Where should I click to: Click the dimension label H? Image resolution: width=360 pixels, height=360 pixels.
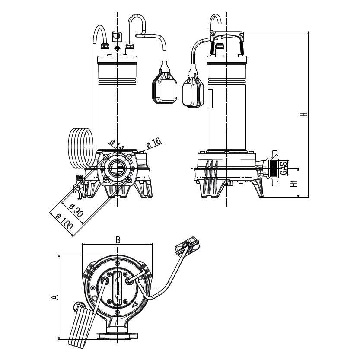coord(304,115)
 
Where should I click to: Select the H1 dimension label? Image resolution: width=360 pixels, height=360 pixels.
coord(294,183)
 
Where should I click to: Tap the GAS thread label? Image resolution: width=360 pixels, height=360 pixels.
coord(283,168)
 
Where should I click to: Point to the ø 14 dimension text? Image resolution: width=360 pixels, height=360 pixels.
coord(117,145)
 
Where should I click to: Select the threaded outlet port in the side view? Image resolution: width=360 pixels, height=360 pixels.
coord(272,168)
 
